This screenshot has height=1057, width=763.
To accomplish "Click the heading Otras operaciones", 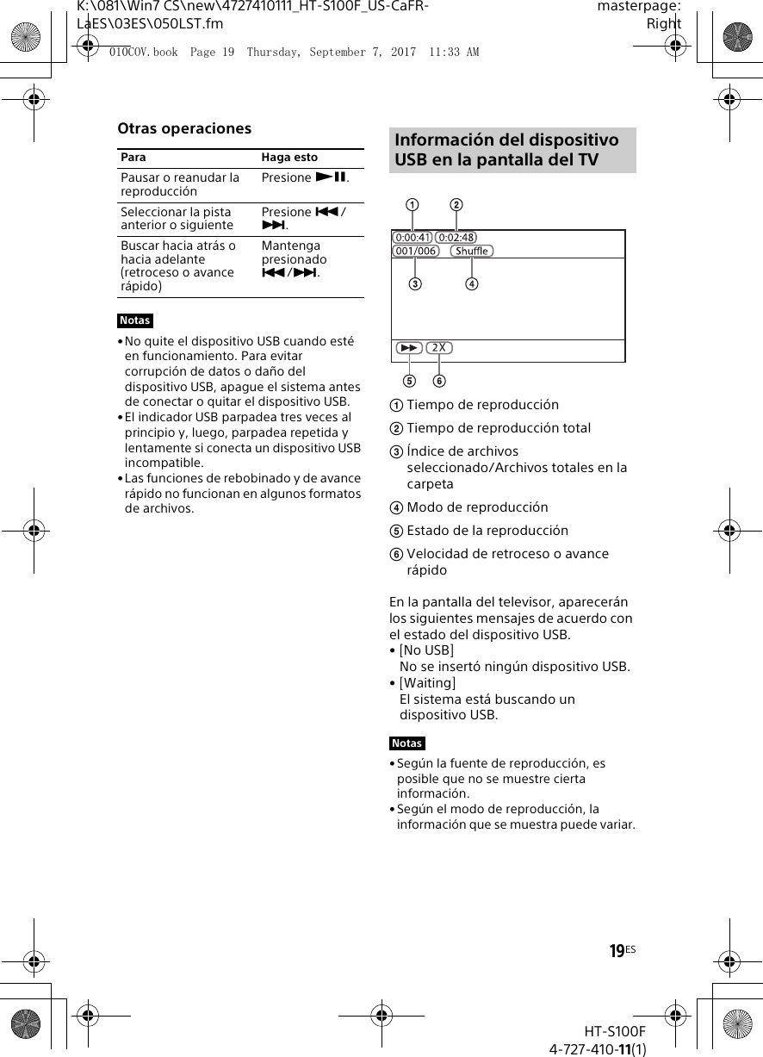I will [184, 128].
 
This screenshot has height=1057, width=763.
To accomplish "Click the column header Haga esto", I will [289, 158].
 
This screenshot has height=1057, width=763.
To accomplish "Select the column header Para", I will [133, 158].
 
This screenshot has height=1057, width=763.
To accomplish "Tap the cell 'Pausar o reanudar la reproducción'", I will [180, 184].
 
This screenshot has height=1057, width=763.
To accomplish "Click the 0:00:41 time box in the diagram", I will [412, 237].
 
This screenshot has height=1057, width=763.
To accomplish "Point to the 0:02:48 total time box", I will [456, 237].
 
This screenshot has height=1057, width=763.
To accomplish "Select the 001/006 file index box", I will [415, 251].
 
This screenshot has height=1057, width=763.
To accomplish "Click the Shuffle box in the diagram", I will [471, 251].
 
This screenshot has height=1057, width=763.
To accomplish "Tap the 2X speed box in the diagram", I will [439, 348].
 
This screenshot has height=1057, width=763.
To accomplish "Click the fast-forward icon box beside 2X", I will [409, 348].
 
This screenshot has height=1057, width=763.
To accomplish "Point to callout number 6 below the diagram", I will [439, 381].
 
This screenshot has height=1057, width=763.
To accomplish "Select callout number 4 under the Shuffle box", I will [472, 283].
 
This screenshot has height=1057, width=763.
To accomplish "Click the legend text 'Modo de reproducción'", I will [477, 507].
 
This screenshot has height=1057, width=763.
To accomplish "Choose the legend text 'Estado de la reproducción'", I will [487, 531].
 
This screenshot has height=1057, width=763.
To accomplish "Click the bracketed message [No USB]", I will [426, 650].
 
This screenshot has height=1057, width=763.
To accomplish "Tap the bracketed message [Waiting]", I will [428, 683].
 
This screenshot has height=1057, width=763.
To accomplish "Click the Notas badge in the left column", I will [135, 320].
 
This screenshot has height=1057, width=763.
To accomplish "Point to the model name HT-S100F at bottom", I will [614, 1031].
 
